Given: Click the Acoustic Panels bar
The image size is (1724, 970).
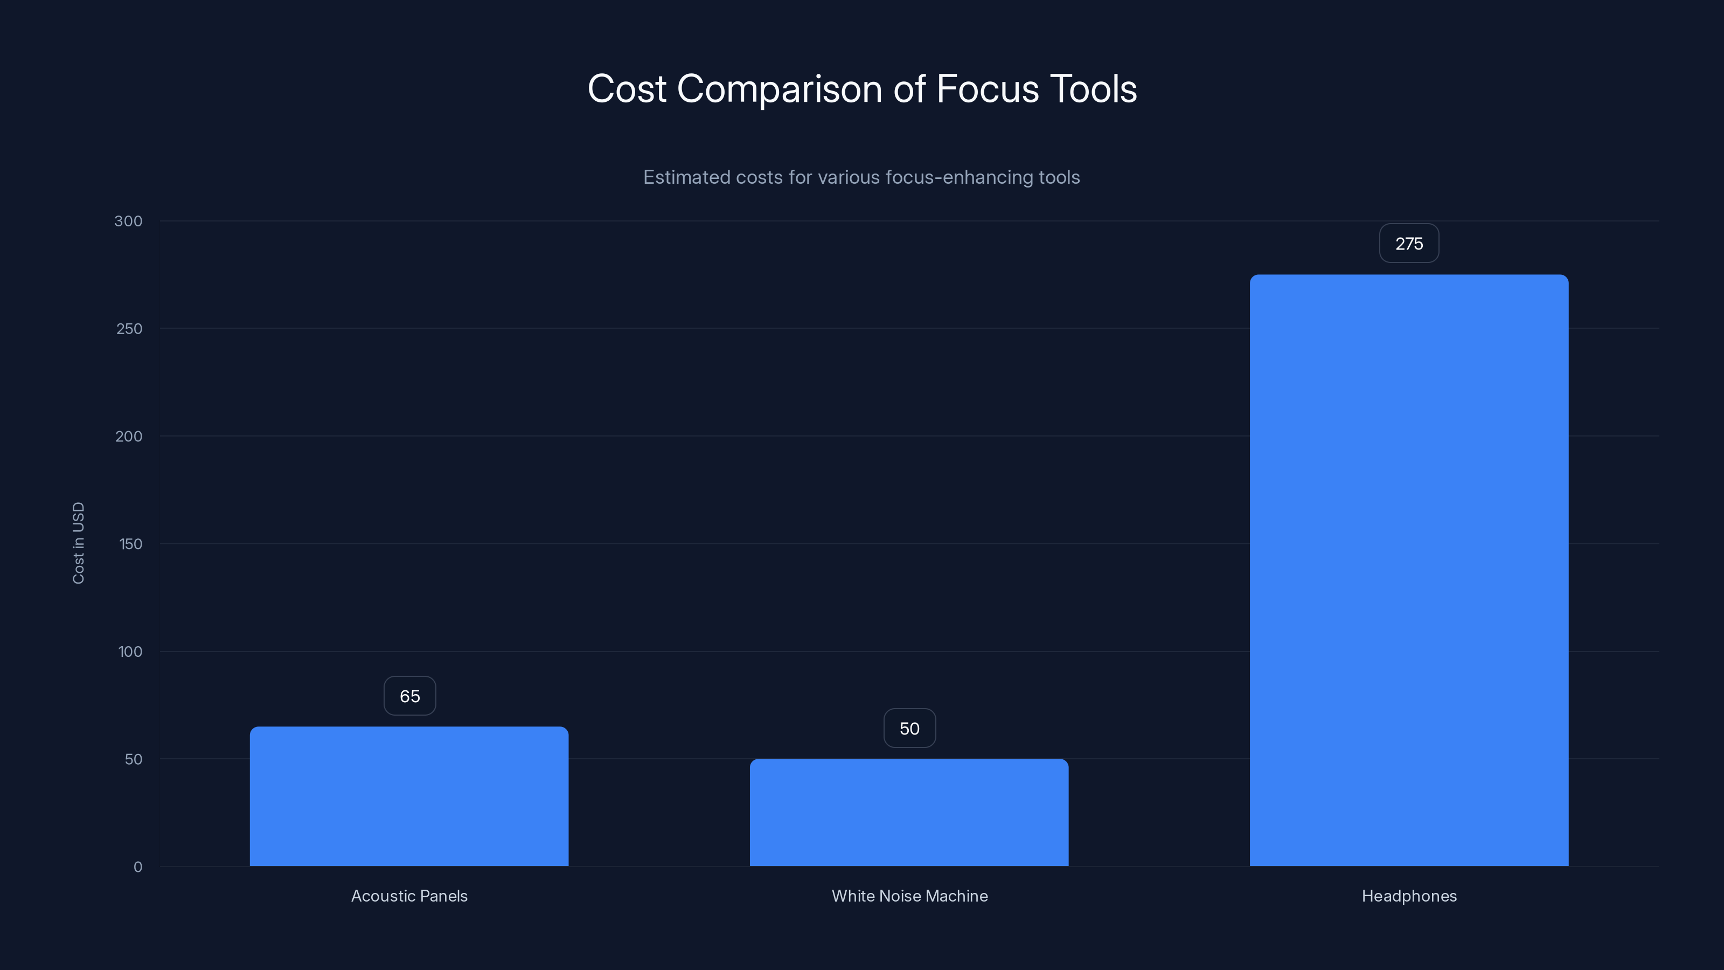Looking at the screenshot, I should click(x=409, y=796).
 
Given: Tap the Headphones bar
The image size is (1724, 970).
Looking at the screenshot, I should click(x=1409, y=570).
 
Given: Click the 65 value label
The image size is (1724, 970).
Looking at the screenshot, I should click(x=409, y=696).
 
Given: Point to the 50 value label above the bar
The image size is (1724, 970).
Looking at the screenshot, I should click(x=909, y=729).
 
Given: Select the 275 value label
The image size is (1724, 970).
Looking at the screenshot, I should click(x=1409, y=244).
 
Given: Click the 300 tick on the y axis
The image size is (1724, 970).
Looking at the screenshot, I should click(x=129, y=221).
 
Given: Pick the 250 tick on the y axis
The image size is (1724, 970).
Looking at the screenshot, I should click(x=129, y=329).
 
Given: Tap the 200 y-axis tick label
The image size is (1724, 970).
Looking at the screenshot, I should click(x=129, y=436).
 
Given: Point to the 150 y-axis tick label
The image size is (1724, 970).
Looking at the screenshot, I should click(x=130, y=544).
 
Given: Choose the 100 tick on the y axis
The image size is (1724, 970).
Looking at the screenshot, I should click(x=130, y=652).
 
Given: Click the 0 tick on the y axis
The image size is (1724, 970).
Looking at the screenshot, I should click(x=138, y=867).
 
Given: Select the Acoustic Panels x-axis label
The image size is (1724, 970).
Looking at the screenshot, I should click(x=409, y=896).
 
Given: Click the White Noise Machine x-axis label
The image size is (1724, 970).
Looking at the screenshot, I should click(x=909, y=896).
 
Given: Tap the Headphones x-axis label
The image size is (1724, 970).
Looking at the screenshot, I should click(x=1409, y=896).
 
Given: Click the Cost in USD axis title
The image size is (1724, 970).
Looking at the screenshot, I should click(x=78, y=543).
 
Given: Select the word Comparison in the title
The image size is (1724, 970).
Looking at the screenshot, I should click(x=780, y=89).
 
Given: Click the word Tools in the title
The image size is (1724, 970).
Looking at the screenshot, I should click(x=1093, y=89).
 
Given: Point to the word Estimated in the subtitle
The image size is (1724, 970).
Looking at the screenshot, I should click(x=687, y=177).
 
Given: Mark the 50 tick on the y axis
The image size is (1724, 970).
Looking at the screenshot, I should click(x=133, y=759).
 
